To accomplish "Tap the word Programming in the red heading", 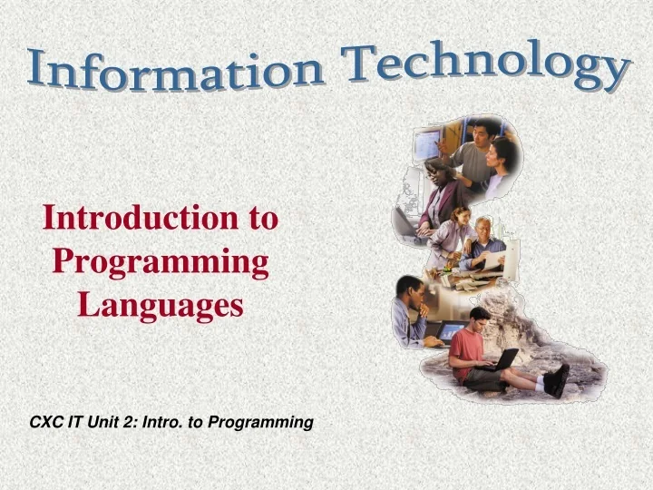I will click(x=161, y=262).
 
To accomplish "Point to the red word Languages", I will click(x=161, y=304).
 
